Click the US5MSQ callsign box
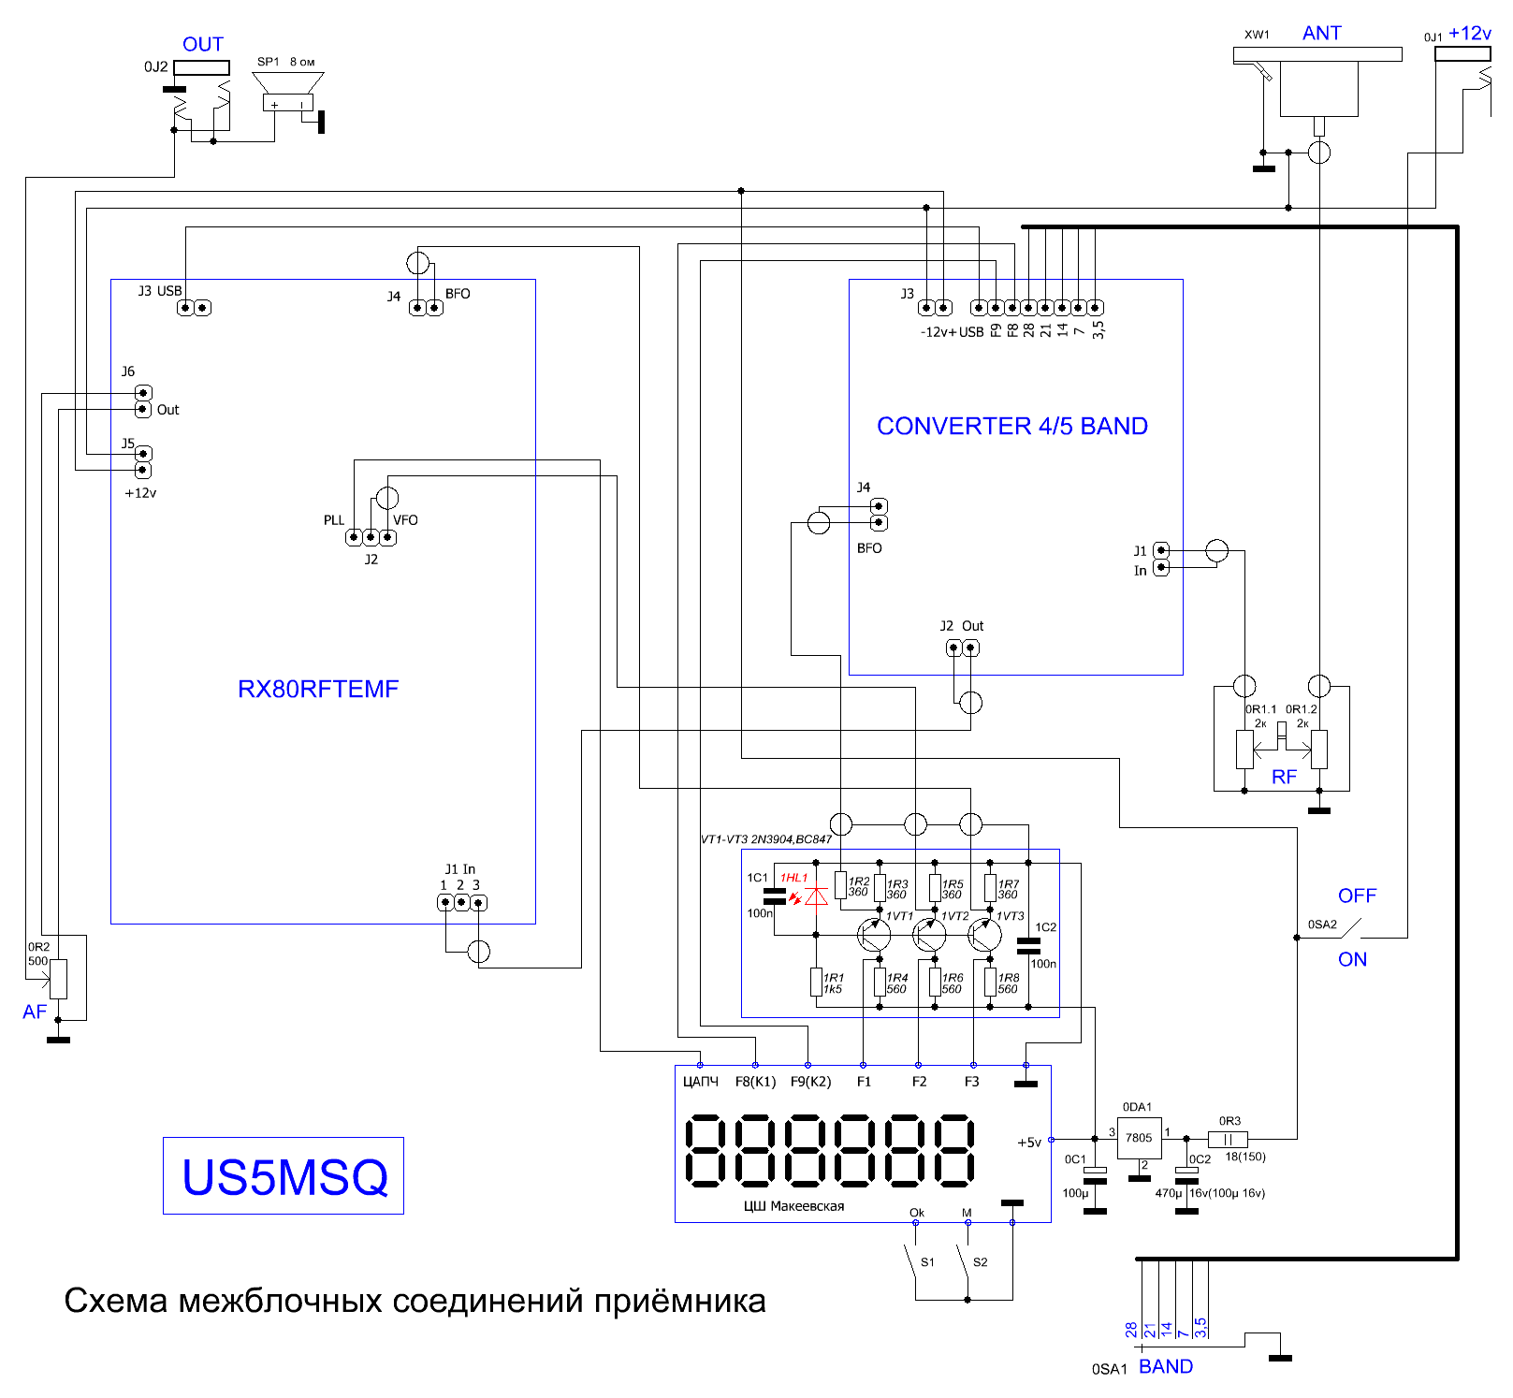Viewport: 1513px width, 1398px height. click(284, 1175)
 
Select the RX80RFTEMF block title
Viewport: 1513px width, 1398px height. click(318, 689)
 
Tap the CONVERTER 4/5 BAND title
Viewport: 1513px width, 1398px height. click(1012, 426)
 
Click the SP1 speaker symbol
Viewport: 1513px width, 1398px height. click(288, 94)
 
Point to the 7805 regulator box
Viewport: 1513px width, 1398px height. click(1139, 1138)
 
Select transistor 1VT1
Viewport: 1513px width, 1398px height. click(875, 934)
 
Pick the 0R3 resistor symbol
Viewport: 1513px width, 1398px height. click(1228, 1139)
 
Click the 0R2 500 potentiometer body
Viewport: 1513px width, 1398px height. click(58, 979)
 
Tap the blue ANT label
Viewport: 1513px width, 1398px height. click(1321, 33)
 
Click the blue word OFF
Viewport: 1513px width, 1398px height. click(1357, 896)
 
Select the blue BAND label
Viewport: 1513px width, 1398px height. click(1166, 1366)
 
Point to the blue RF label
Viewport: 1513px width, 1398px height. click(1284, 777)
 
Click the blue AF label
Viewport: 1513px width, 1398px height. click(35, 1012)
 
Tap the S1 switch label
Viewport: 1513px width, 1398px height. click(927, 1261)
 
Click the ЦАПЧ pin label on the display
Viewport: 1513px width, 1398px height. click(701, 1082)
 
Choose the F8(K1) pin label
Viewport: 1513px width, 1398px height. click(755, 1082)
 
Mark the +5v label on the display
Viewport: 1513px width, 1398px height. click(1029, 1142)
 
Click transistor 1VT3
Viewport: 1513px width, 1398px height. click(985, 934)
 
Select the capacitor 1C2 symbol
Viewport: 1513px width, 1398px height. click(1028, 945)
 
